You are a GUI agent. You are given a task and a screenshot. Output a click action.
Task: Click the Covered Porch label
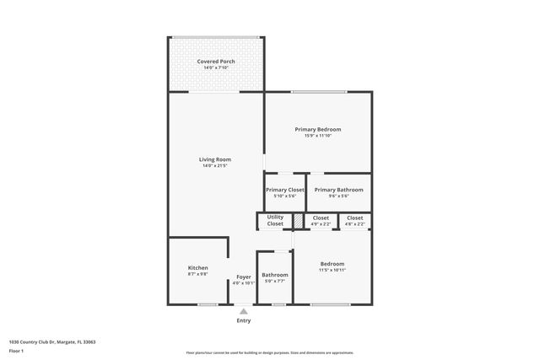pyautogui.click(x=216, y=62)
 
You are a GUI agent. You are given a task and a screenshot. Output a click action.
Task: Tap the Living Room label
pyautogui.click(x=215, y=159)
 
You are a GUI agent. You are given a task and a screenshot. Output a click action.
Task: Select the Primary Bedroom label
pyautogui.click(x=317, y=129)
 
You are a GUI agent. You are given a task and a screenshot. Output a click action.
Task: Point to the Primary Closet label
pyautogui.click(x=284, y=190)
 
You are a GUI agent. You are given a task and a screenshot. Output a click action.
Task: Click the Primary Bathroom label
pyautogui.click(x=338, y=190)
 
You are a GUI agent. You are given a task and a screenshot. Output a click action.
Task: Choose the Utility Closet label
pyautogui.click(x=275, y=220)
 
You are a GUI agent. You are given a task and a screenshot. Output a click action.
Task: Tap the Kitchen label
pyautogui.click(x=197, y=268)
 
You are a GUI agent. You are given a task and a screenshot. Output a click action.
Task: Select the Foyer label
pyautogui.click(x=243, y=277)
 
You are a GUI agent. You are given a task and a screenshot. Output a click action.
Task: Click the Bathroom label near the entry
pyautogui.click(x=274, y=275)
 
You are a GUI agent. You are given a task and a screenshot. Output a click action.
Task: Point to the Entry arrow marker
pyautogui.click(x=243, y=311)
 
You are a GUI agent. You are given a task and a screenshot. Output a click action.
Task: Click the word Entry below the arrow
pyautogui.click(x=243, y=320)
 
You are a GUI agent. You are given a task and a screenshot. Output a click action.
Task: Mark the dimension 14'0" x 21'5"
pyautogui.click(x=215, y=166)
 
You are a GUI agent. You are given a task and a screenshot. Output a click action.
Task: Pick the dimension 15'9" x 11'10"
pyautogui.click(x=317, y=136)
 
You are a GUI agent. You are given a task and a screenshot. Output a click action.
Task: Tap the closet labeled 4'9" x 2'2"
pyautogui.click(x=321, y=224)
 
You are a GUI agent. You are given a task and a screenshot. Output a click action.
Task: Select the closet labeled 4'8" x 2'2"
pyautogui.click(x=355, y=224)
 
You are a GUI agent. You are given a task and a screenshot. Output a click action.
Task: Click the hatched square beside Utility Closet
pyautogui.click(x=298, y=220)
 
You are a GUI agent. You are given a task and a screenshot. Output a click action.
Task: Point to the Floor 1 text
pyautogui.click(x=17, y=351)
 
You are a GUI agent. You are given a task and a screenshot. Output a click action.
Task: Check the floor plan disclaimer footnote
pyautogui.click(x=269, y=353)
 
